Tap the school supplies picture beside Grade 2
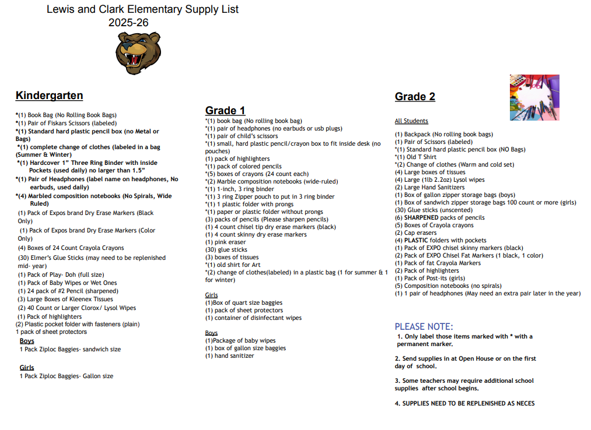(534, 97)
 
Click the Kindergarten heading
(49, 96)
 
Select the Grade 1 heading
(225, 111)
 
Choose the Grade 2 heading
(415, 97)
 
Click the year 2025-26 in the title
(128, 23)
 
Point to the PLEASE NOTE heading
(424, 327)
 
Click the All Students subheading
(411, 121)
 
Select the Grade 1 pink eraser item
(226, 242)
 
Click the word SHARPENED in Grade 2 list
(421, 217)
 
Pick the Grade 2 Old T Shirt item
(415, 157)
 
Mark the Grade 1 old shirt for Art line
(233, 265)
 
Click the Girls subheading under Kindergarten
(27, 368)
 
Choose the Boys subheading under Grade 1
(211, 333)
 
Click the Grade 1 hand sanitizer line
(229, 355)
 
